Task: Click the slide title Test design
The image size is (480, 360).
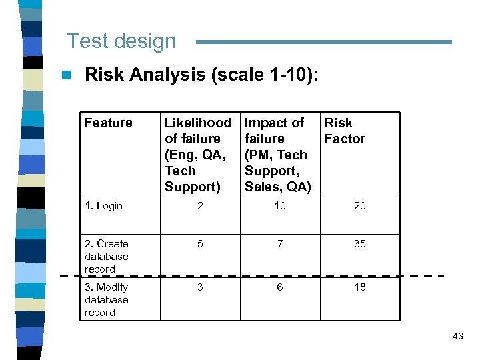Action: pos(121,41)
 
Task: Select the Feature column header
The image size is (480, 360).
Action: pos(108,123)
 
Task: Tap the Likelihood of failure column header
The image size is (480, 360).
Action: pos(197,155)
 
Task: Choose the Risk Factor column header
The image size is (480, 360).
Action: pos(344,131)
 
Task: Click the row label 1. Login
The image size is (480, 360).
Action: pos(103,206)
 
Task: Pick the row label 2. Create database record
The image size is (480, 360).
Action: pos(107,256)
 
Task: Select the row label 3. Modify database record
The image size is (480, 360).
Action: pos(107,299)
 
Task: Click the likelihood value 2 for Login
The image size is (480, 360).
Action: pos(200,206)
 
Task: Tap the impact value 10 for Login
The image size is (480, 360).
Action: pos(280,206)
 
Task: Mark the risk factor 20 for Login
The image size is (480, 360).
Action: pos(360,206)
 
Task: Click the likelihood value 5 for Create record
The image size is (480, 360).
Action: pos(200,244)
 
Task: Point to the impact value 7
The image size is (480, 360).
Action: pos(280,244)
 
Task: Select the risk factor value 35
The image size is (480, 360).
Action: pos(360,244)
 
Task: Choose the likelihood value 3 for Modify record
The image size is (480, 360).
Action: pos(200,287)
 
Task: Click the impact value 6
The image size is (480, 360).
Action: pos(280,287)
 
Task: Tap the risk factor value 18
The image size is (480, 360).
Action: pos(360,287)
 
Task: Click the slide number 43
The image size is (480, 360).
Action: pos(457,336)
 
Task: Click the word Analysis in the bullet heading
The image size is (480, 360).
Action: pos(168,75)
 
